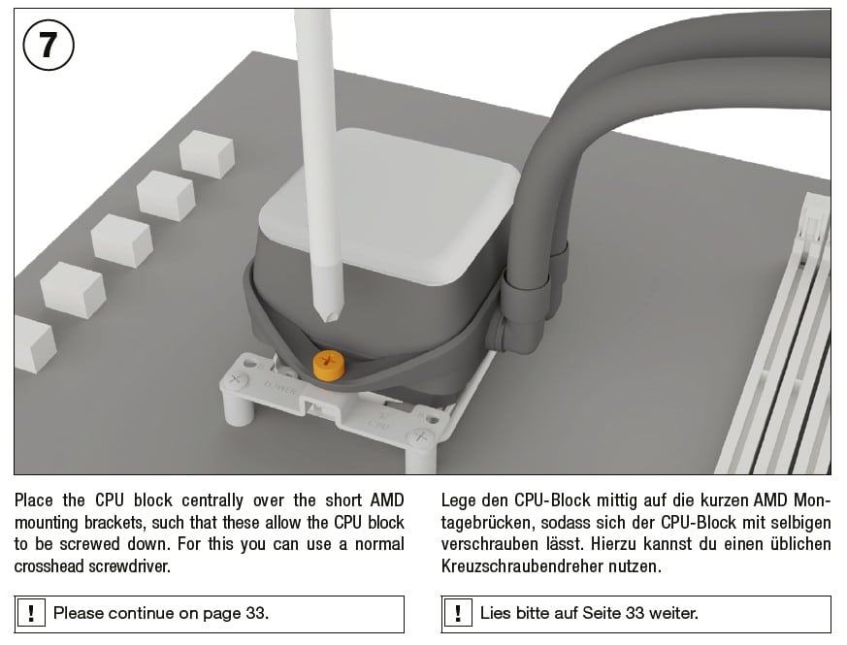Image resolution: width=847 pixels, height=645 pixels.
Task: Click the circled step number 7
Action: tap(49, 45)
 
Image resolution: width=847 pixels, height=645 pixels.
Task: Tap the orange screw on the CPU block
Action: tap(328, 365)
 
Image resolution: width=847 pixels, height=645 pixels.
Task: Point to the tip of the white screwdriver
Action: tap(325, 320)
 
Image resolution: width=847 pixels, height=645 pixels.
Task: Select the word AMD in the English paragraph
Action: tap(387, 500)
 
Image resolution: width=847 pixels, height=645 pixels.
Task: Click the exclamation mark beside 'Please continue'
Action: tap(31, 614)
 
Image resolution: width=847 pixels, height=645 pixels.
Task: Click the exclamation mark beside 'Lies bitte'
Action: tap(458, 614)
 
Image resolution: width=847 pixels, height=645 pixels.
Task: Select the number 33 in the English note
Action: tap(255, 613)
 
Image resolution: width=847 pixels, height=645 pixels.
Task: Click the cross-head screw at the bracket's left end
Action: tap(235, 378)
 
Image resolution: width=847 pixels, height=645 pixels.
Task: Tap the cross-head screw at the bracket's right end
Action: tap(422, 435)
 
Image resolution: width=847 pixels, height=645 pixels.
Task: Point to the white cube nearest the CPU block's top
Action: tap(207, 153)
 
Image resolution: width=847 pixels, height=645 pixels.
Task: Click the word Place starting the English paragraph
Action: tap(34, 500)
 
